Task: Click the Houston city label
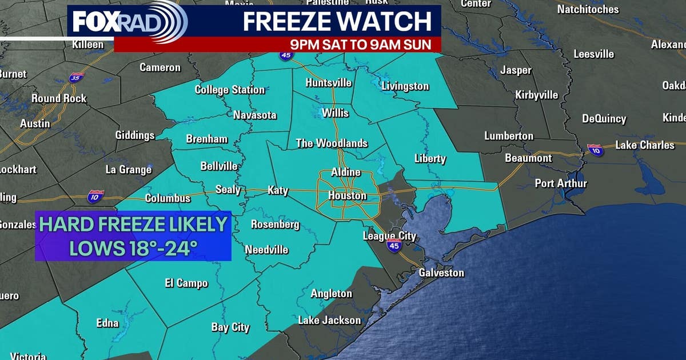[x=347, y=196]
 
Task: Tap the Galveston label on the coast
[x=441, y=273]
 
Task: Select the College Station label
[x=230, y=90]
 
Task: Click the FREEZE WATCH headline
[x=337, y=22]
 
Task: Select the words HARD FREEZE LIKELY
[x=133, y=224]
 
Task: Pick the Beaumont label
[x=528, y=158]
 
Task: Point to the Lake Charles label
[x=645, y=145]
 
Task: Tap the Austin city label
[x=35, y=123]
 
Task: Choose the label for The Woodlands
[x=332, y=143]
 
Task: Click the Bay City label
[x=230, y=327]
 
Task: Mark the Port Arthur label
[x=561, y=183]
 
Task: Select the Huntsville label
[x=328, y=83]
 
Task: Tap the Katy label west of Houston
[x=278, y=191]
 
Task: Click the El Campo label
[x=186, y=283]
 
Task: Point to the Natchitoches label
[x=588, y=9]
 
